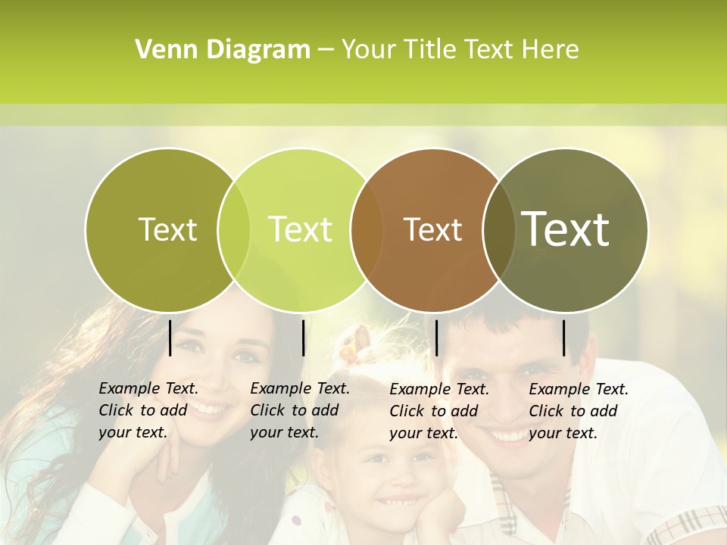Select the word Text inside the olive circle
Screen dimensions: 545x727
[x=167, y=229]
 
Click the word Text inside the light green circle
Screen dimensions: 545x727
[x=301, y=229]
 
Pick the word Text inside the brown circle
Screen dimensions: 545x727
[x=432, y=229]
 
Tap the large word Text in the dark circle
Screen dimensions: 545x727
[x=566, y=229]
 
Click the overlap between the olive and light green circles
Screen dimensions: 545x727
[x=233, y=229]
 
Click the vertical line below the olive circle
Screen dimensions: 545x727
[x=170, y=338]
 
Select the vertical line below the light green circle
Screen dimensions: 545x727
[x=303, y=338]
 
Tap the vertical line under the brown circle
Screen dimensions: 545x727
[x=436, y=338]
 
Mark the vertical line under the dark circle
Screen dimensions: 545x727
[x=563, y=338]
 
